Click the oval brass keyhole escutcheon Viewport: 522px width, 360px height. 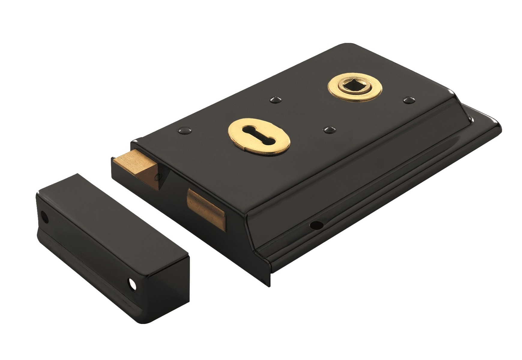[x=259, y=138]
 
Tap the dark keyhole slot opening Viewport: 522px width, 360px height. [x=259, y=137]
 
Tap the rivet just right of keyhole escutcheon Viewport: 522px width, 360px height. [x=329, y=129]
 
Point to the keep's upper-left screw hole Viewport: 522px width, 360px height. [x=44, y=216]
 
